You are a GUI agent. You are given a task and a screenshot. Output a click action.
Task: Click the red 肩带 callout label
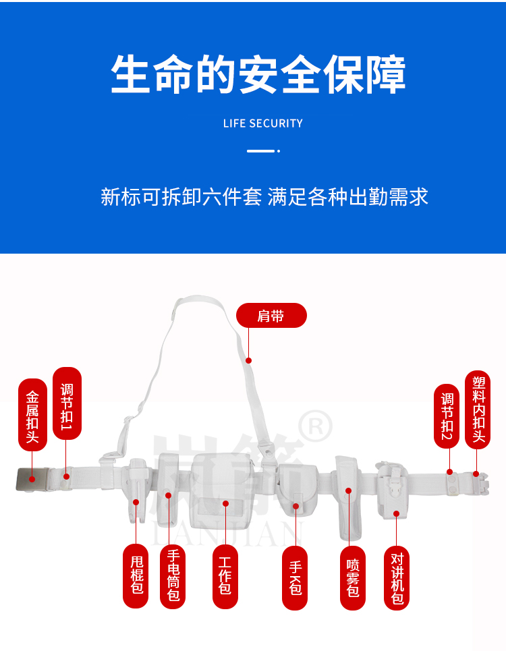click(271, 316)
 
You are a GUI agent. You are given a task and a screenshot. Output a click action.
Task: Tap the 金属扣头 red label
click(32, 415)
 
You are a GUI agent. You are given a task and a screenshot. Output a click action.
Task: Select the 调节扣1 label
click(67, 403)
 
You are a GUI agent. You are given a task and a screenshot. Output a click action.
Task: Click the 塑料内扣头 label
click(478, 409)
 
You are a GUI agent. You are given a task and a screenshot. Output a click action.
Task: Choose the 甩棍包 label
click(136, 576)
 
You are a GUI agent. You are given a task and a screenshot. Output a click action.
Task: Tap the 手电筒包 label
click(173, 576)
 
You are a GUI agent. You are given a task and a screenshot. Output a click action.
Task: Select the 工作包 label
click(225, 576)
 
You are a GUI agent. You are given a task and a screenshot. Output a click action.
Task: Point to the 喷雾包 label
click(353, 577)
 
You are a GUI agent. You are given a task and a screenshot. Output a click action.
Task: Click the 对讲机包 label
click(397, 577)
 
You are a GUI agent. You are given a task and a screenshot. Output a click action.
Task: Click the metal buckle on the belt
click(32, 479)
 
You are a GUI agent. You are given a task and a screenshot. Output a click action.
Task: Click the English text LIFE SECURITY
click(263, 123)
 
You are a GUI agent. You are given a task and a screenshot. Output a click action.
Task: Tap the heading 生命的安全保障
click(258, 75)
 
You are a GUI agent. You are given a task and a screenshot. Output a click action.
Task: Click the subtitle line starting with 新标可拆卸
click(264, 197)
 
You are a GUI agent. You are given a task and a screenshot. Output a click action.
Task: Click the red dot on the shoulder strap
click(249, 360)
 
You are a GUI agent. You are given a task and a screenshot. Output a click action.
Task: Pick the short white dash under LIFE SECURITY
click(260, 151)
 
